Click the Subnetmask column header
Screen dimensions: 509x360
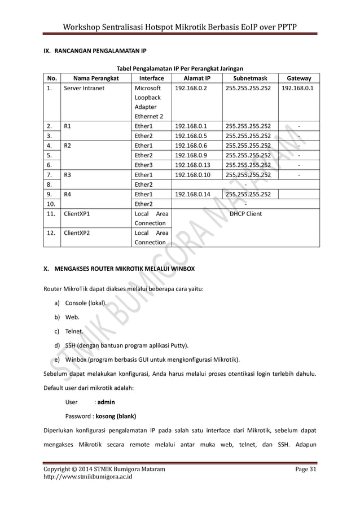pyautogui.click(x=247, y=78)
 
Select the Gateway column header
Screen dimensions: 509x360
pyautogui.click(x=298, y=78)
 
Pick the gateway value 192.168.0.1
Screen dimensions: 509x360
pyautogui.click(x=298, y=89)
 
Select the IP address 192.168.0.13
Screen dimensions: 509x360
pyautogui.click(x=192, y=165)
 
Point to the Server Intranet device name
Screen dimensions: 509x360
pyautogui.click(x=84, y=89)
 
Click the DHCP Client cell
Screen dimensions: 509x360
pyautogui.click(x=245, y=214)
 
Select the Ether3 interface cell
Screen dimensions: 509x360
pyautogui.click(x=143, y=165)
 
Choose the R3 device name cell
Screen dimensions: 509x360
pyautogui.click(x=68, y=174)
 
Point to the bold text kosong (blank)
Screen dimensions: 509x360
pyautogui.click(x=116, y=418)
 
